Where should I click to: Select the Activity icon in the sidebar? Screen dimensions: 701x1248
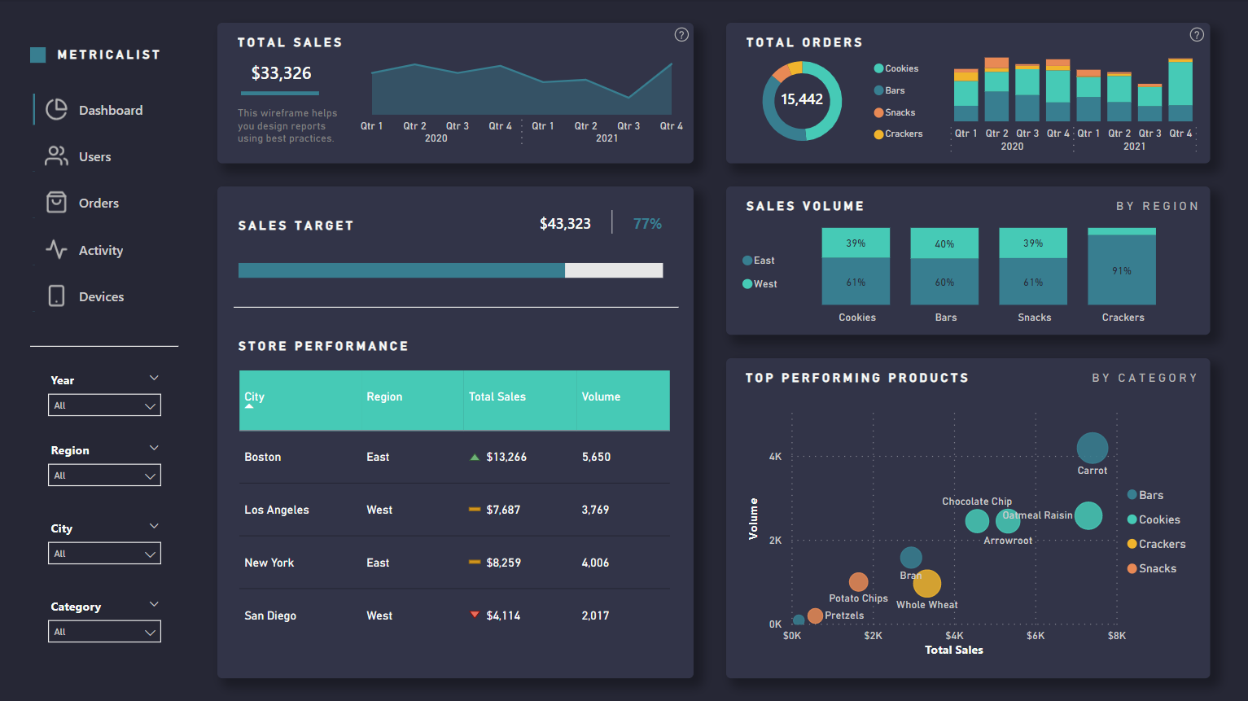click(x=56, y=249)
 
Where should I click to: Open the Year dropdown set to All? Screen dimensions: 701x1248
click(x=104, y=405)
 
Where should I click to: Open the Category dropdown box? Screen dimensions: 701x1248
click(x=104, y=632)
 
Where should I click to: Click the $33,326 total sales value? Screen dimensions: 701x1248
click(x=281, y=73)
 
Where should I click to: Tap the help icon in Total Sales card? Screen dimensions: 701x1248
click(x=681, y=34)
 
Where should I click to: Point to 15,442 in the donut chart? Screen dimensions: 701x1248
click(x=802, y=99)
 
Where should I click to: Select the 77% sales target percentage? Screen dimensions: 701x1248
click(x=647, y=224)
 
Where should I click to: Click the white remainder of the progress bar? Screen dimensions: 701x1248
click(x=614, y=270)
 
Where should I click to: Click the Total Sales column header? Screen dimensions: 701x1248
click(x=497, y=397)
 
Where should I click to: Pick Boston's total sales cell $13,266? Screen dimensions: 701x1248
click(x=506, y=457)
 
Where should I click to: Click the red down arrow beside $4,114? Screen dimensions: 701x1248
click(x=475, y=615)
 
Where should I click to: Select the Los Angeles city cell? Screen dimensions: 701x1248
click(x=277, y=510)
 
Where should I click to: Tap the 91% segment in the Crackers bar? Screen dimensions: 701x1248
click(x=1122, y=270)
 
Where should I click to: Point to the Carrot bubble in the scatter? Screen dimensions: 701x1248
click(x=1092, y=448)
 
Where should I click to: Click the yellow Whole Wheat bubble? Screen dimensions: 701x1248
click(x=927, y=583)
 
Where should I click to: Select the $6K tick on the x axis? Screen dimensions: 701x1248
click(x=1036, y=636)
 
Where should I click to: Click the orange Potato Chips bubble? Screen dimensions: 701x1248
click(x=858, y=581)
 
